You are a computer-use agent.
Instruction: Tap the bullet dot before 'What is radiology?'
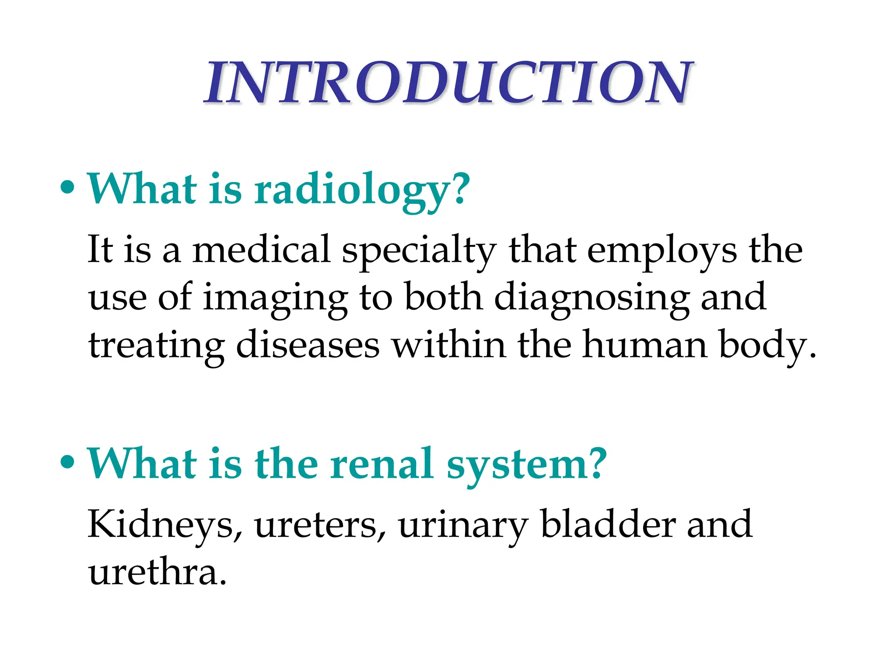[x=67, y=188]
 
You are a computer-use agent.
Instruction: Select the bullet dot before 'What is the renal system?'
[x=67, y=463]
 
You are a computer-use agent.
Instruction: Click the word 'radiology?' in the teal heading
[x=362, y=190]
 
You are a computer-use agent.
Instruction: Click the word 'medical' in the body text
[x=261, y=249]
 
